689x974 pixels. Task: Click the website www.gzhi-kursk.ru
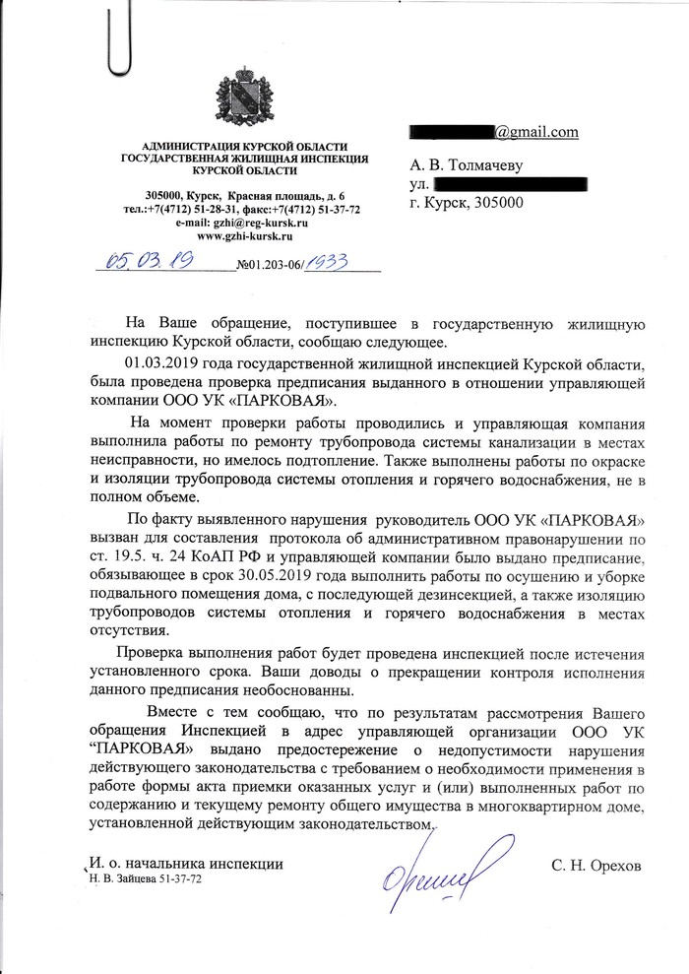click(x=245, y=237)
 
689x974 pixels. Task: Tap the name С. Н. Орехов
click(x=595, y=864)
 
